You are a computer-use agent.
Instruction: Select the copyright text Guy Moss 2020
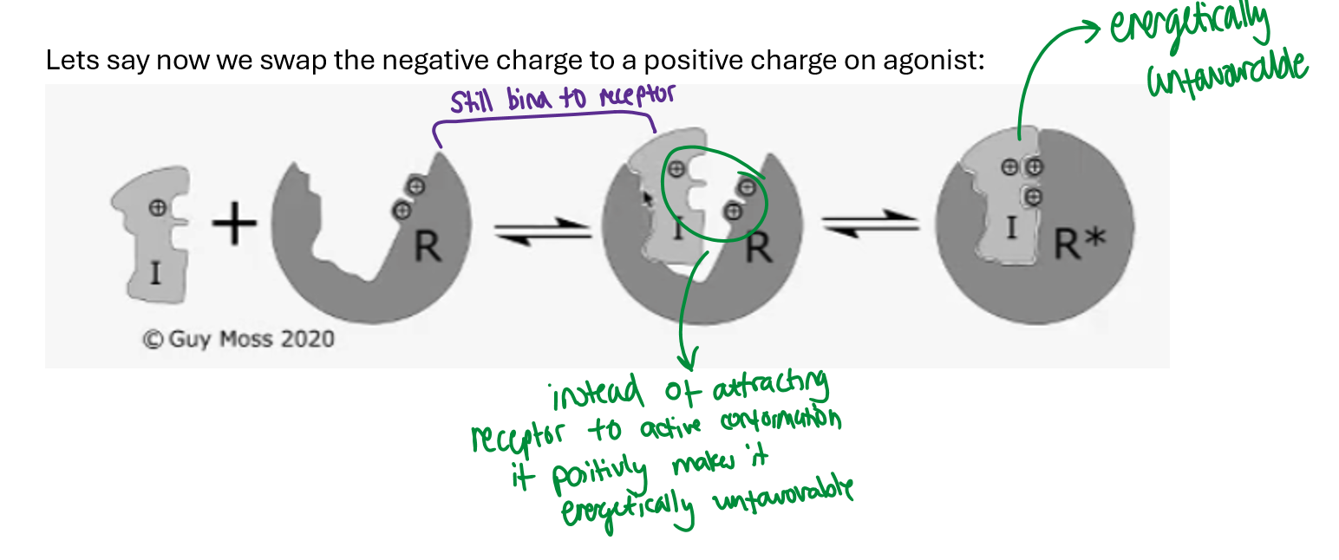pyautogui.click(x=238, y=338)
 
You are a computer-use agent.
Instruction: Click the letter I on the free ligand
pyautogui.click(x=155, y=274)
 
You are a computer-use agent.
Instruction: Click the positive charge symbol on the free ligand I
pyautogui.click(x=157, y=207)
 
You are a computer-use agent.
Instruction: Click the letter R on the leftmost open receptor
pyautogui.click(x=427, y=248)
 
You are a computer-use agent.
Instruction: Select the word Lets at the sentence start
pyautogui.click(x=66, y=62)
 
